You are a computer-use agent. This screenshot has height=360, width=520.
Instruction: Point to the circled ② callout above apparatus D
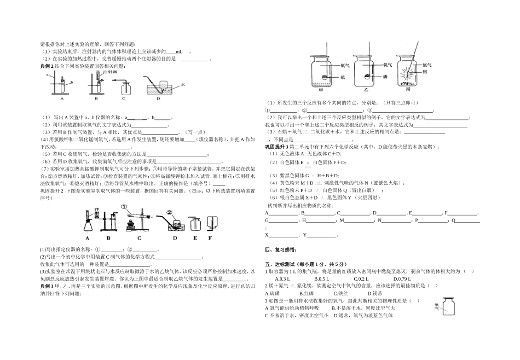click(x=170, y=211)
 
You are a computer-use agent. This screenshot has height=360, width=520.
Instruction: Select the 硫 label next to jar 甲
click(x=344, y=77)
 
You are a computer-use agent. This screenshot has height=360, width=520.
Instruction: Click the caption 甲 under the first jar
click(x=321, y=91)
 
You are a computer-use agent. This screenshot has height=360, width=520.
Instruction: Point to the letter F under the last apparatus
click(x=209, y=239)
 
